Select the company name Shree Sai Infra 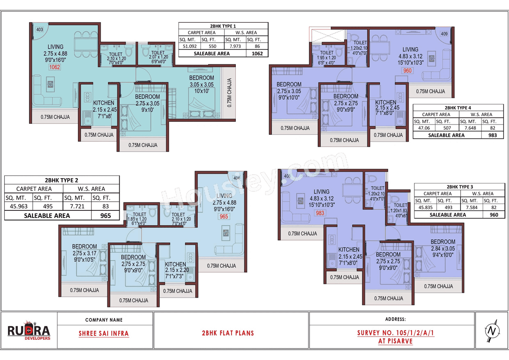(x=104, y=333)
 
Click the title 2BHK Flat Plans (x=228, y=333)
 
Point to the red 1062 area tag (x=54, y=67)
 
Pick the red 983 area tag (x=320, y=213)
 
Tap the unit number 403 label (x=39, y=29)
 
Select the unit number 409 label (x=444, y=34)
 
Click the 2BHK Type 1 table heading (x=223, y=25)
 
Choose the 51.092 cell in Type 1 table (x=189, y=46)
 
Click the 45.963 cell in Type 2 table (x=18, y=206)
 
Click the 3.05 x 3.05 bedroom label (x=201, y=84)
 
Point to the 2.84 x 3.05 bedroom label (x=443, y=249)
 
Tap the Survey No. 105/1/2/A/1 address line (x=395, y=333)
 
